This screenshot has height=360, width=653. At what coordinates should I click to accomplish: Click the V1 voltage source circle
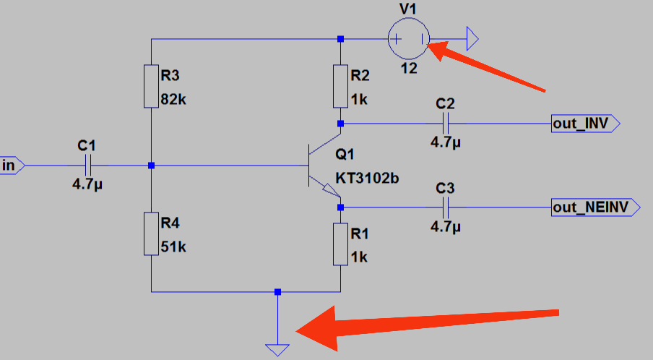coord(409,39)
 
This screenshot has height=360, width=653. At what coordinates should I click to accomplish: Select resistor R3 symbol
coord(151,86)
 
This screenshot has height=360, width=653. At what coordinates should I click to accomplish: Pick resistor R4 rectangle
coord(151,233)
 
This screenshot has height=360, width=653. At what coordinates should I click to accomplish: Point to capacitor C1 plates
coord(86,166)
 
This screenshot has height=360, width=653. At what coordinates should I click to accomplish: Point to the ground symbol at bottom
coord(277,349)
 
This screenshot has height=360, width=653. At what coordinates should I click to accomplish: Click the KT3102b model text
coord(366,178)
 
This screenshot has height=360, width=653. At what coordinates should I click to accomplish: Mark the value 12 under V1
coord(410,69)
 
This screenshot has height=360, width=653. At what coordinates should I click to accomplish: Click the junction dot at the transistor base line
coord(151,166)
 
